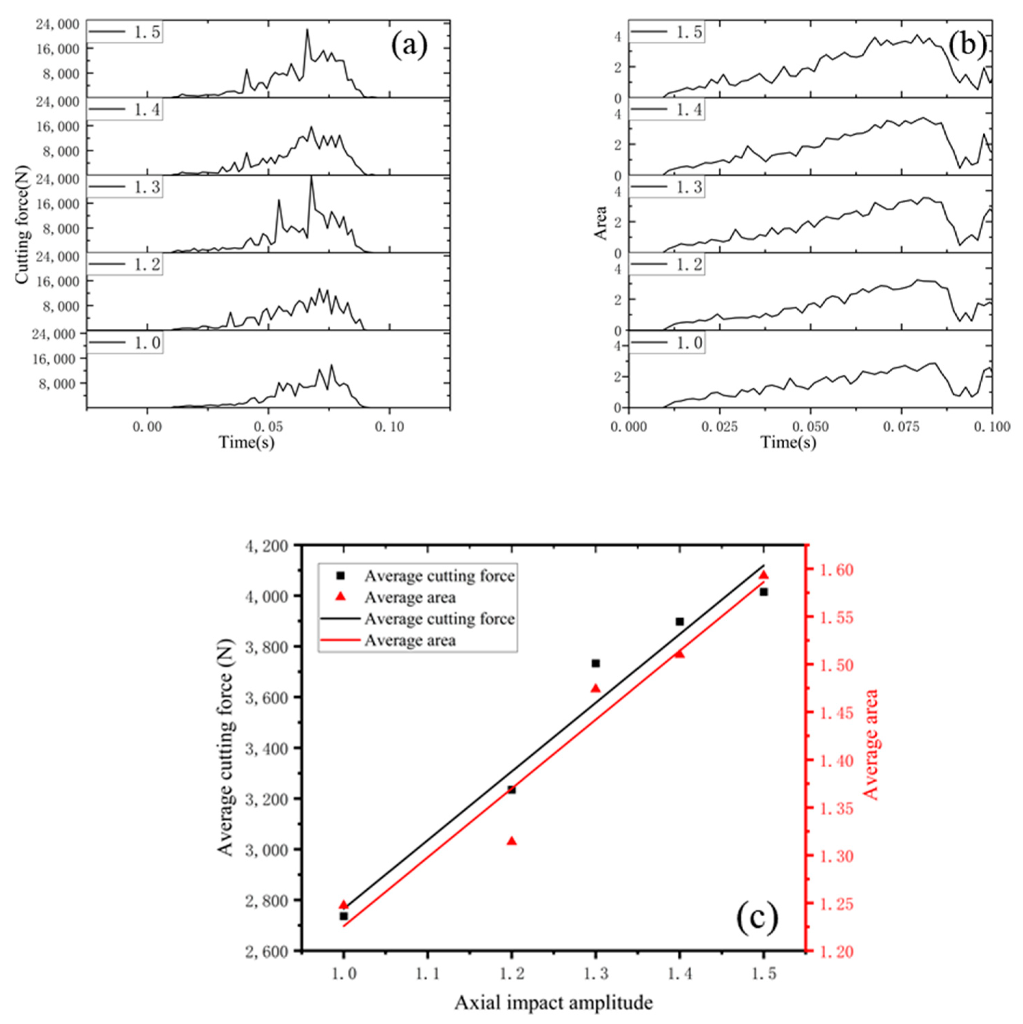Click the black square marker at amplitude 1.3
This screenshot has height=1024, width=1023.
point(596,663)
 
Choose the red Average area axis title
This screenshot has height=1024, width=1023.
point(871,744)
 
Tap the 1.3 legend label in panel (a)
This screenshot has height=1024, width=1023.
point(146,188)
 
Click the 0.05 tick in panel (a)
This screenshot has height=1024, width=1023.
point(268,427)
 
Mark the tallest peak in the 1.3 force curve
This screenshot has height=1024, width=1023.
point(311,177)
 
